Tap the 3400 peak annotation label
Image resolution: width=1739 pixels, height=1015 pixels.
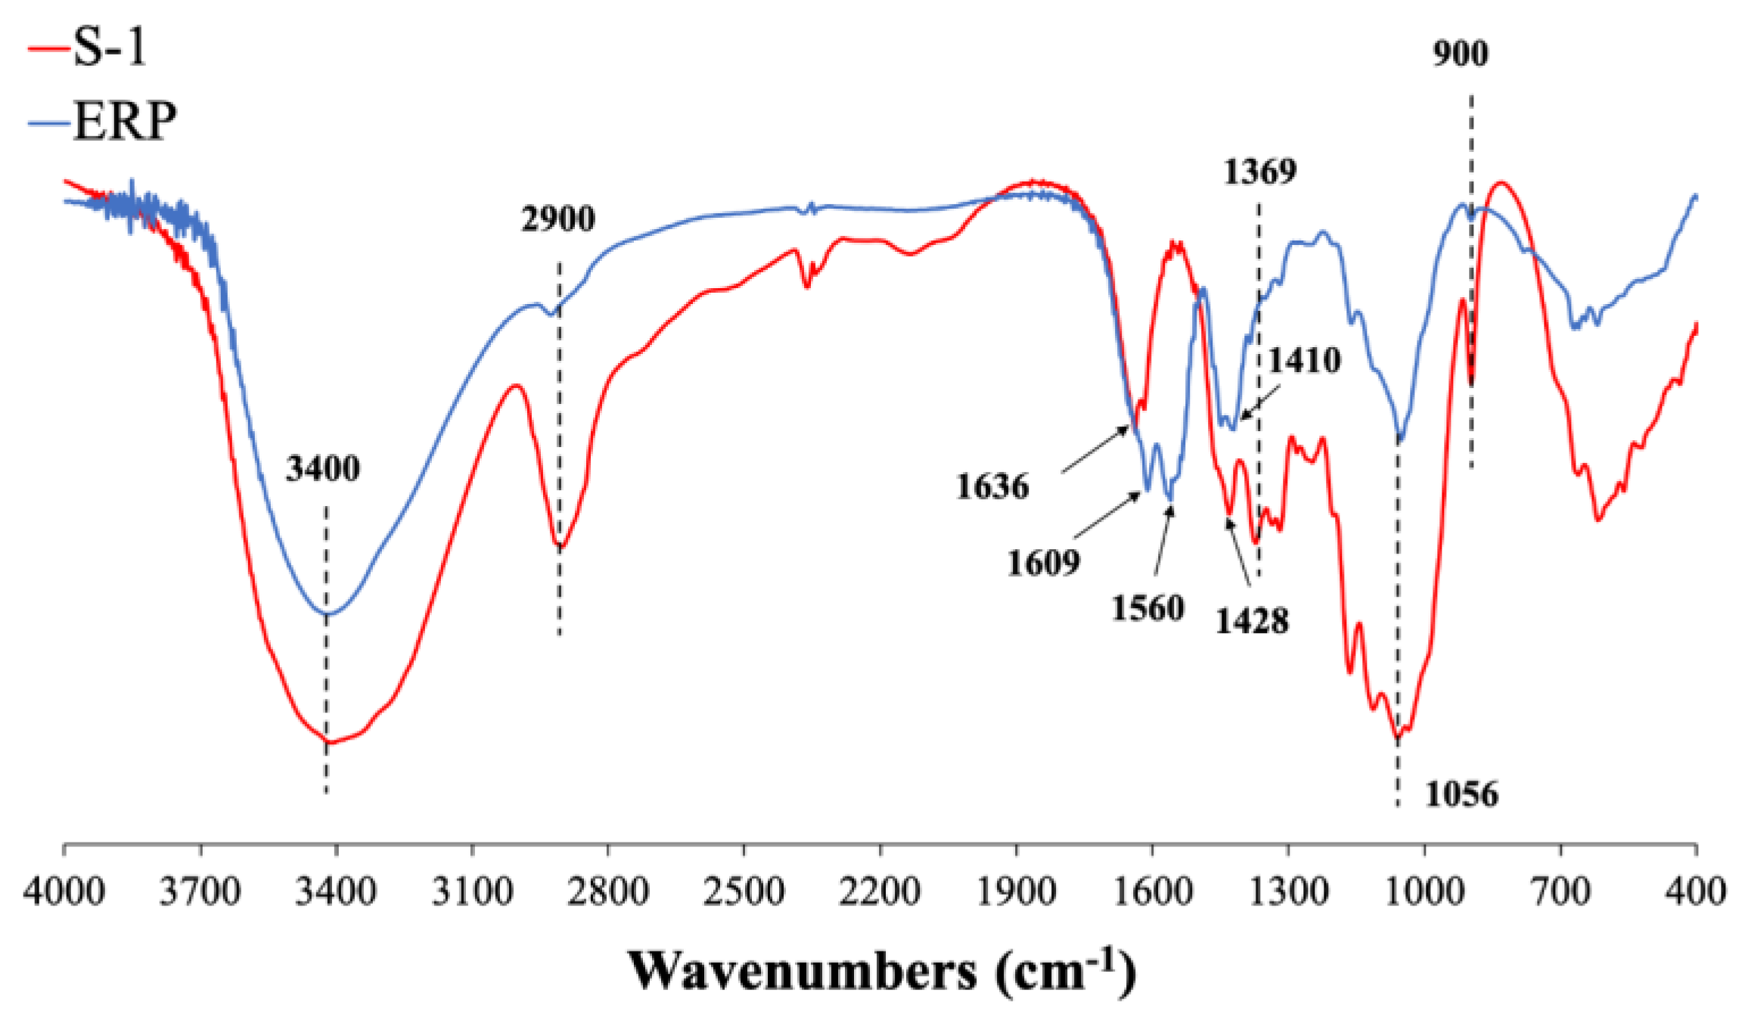point(323,469)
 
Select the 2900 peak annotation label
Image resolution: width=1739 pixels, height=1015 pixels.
point(558,219)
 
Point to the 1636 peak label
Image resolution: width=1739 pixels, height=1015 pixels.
point(992,486)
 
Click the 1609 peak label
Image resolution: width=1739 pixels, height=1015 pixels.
point(1043,563)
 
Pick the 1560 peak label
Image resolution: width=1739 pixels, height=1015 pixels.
point(1147,608)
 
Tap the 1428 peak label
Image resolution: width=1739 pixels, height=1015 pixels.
point(1252,621)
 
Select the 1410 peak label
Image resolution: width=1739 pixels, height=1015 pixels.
point(1304,360)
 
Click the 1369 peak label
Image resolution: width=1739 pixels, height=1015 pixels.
point(1260,172)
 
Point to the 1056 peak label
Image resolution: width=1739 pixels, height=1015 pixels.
point(1461,794)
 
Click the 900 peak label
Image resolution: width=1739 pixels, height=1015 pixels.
point(1461,54)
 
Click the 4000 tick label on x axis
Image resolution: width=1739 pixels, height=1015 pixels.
point(64,892)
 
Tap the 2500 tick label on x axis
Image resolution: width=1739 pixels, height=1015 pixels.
point(744,892)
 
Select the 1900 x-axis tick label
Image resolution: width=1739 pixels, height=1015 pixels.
point(1016,892)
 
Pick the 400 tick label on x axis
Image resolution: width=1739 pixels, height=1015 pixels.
point(1696,892)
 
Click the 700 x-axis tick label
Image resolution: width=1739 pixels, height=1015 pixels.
point(1560,892)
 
